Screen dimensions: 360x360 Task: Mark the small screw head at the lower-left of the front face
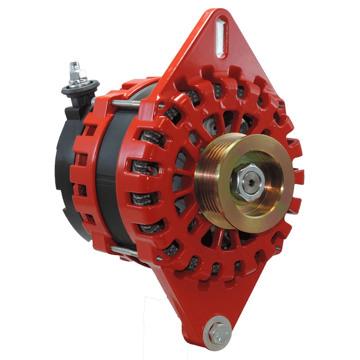tap(159, 258)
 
